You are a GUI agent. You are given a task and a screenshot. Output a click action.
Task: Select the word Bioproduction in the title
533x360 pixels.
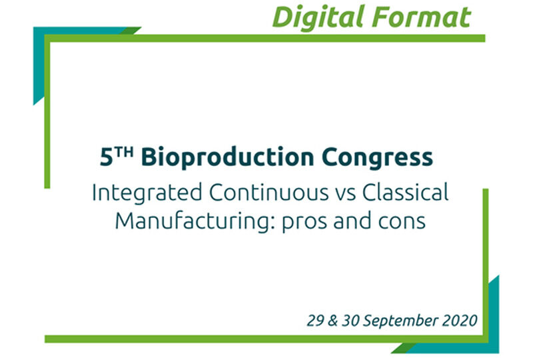(x=227, y=157)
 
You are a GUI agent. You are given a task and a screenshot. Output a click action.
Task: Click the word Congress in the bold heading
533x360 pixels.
(x=377, y=157)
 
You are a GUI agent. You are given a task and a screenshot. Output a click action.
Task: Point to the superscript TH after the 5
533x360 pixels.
(x=124, y=152)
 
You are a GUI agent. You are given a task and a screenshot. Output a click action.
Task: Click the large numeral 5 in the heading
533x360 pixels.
(x=107, y=157)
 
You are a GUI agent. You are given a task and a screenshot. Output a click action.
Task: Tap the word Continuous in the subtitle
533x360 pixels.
(x=269, y=192)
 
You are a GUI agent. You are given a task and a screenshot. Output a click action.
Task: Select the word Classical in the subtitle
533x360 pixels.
(x=405, y=192)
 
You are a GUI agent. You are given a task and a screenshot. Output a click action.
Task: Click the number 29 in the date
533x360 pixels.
(x=315, y=321)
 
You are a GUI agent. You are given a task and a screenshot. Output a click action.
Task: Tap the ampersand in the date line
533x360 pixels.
(x=332, y=321)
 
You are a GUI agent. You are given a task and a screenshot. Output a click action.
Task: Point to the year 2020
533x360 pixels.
(x=460, y=321)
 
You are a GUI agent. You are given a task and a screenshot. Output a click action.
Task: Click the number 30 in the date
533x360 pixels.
(x=351, y=321)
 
